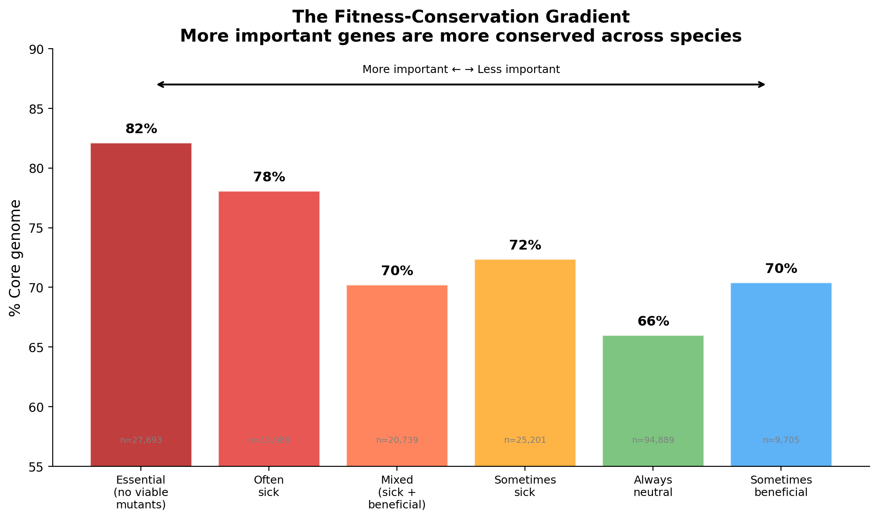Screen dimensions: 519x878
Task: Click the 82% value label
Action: (141, 129)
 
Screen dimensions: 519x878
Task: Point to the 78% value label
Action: (269, 177)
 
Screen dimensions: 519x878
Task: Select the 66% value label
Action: (653, 322)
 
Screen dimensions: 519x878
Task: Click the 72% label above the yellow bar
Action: (525, 246)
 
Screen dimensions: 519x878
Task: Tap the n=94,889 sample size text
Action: (653, 440)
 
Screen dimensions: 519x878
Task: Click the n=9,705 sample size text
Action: (781, 440)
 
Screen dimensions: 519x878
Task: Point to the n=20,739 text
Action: (397, 440)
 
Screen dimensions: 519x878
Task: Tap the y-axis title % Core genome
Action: (15, 258)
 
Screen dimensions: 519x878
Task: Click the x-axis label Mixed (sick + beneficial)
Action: (397, 492)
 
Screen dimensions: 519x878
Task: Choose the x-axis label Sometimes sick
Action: (525, 486)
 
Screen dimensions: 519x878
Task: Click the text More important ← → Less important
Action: (461, 69)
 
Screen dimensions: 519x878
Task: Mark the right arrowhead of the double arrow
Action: (762, 85)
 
